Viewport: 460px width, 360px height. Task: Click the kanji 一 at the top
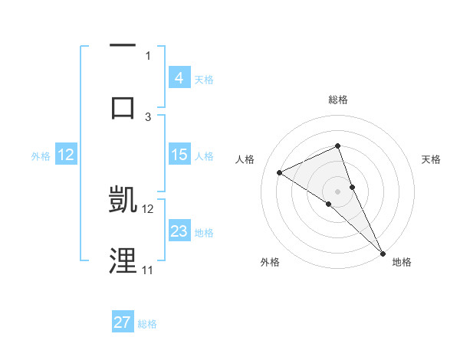[123, 47]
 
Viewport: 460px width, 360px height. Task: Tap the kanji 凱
[123, 199]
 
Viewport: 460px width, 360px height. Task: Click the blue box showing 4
[179, 77]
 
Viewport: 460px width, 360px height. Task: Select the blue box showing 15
[179, 155]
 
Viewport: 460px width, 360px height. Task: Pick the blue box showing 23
[179, 231]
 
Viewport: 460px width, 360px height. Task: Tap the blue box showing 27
[123, 322]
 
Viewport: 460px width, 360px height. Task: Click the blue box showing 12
[66, 155]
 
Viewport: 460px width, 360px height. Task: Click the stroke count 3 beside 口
[148, 116]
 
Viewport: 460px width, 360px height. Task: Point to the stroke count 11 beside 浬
[147, 270]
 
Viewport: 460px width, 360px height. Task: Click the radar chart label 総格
[337, 100]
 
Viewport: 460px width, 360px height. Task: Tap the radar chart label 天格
[431, 159]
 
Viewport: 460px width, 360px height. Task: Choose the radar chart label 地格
[402, 262]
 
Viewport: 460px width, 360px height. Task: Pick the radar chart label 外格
[271, 262]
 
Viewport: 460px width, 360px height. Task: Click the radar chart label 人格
[245, 159]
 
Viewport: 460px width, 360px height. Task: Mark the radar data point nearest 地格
[382, 252]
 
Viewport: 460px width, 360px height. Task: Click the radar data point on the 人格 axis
[280, 172]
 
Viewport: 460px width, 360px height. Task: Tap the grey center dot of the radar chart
[337, 191]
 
